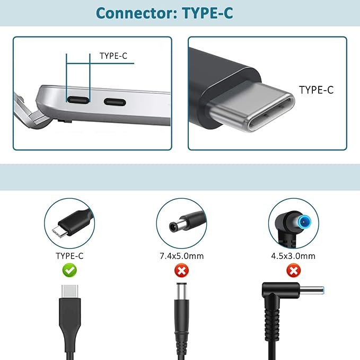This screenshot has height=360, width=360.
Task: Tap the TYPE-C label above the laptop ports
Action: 113,55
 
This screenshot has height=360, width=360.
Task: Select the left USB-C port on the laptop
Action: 78,100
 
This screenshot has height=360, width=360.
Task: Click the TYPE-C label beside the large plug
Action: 316,90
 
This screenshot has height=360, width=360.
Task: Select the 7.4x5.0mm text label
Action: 181,256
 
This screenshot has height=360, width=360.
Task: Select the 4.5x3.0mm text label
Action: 293,256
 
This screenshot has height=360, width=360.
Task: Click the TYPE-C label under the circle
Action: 69,256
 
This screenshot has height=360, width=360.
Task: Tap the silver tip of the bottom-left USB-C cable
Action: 69,293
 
